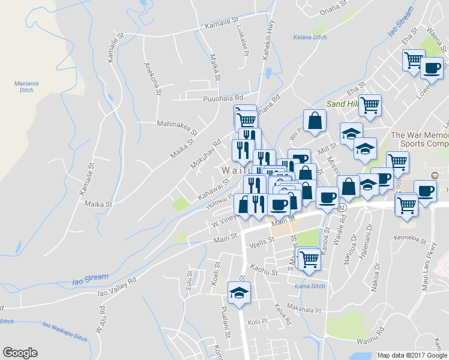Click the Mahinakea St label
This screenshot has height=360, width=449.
[177, 125]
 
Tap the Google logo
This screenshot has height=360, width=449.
[20, 353]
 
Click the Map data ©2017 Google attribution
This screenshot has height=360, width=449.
[412, 355]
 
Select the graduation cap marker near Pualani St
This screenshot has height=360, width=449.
[239, 293]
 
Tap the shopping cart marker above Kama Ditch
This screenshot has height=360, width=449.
[309, 259]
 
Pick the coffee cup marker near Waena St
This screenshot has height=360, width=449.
[432, 68]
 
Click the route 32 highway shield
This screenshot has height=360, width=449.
[342, 207]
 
